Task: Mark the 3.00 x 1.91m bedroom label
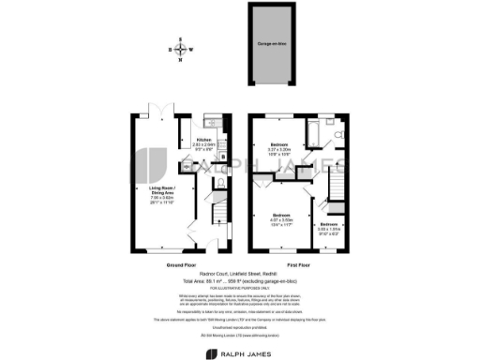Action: coord(328,229)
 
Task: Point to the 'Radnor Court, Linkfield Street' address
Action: coord(240,273)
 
